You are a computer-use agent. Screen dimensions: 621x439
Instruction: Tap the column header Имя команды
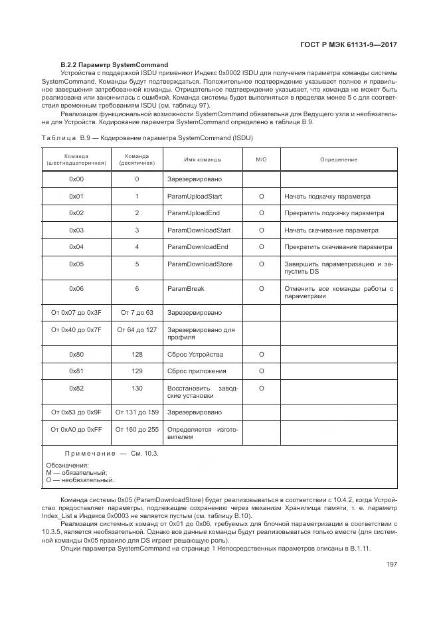click(203, 159)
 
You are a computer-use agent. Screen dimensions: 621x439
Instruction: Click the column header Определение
click(338, 159)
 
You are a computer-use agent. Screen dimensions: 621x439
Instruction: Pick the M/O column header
click(261, 159)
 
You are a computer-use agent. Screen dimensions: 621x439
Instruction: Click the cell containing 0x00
click(76, 179)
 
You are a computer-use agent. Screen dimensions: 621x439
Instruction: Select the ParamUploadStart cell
click(194, 197)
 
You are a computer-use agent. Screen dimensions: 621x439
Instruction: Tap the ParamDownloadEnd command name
click(197, 246)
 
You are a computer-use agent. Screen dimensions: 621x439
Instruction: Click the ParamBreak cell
click(185, 289)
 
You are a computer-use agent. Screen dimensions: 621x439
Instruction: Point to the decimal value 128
click(137, 354)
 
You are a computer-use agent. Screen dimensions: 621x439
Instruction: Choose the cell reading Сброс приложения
click(197, 371)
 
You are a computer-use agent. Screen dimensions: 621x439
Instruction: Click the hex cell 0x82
click(76, 387)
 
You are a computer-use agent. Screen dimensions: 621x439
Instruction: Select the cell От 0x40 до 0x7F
click(76, 329)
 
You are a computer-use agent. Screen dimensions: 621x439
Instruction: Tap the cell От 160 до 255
click(137, 429)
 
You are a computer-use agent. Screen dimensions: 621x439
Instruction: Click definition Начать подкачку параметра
click(327, 197)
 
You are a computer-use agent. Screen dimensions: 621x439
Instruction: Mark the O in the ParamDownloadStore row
click(261, 264)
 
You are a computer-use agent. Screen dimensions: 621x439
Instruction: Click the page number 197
click(391, 565)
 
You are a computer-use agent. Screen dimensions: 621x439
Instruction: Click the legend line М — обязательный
click(76, 472)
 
